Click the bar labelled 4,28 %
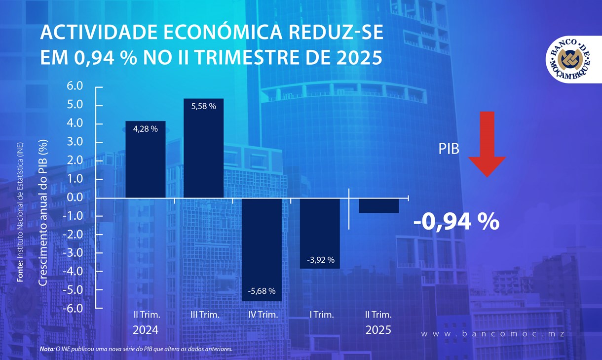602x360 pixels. pos(145,159)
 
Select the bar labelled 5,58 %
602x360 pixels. pos(203,148)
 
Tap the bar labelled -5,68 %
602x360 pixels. pos(262,249)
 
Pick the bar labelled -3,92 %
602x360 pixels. pos(320,233)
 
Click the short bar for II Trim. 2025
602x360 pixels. pos(378,206)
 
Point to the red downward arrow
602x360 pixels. pos(487,144)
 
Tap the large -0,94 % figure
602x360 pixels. pos(456,222)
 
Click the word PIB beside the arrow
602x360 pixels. pos(449,149)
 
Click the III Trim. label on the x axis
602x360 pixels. pos(204,315)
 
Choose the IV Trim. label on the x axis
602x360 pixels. pos(263,315)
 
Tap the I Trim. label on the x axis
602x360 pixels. pos(322,315)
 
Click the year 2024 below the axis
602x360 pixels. pos(146,330)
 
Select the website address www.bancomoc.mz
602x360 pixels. pos(492,334)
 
